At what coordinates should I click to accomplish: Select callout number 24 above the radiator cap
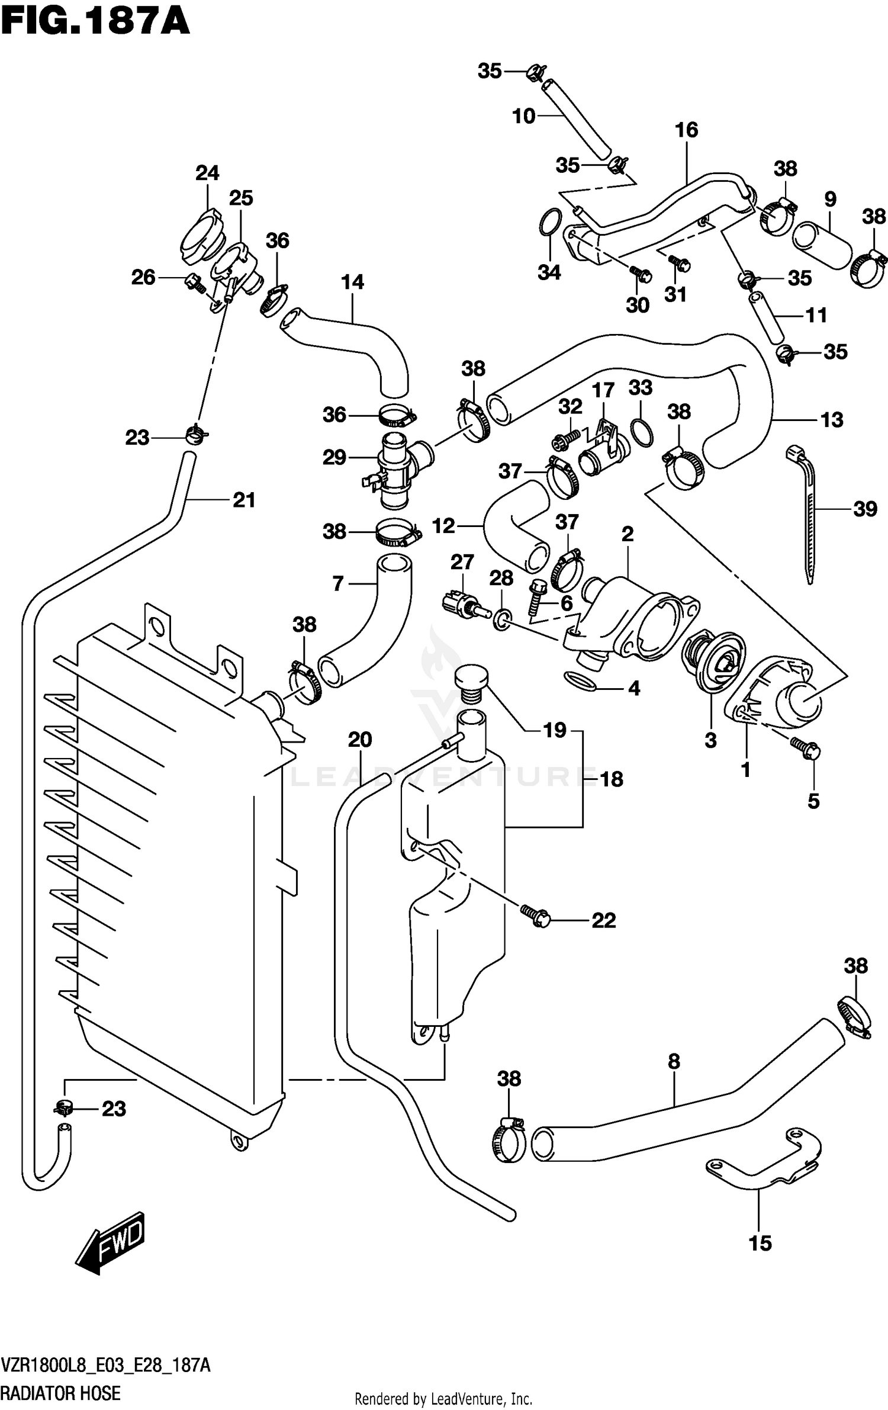(x=207, y=173)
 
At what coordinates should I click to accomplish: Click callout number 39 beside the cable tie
(x=865, y=509)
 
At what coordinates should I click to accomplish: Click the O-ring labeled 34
(x=550, y=223)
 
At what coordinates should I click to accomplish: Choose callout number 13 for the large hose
(x=832, y=420)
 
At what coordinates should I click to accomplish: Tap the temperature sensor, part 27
(x=462, y=605)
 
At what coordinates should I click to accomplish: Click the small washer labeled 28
(x=501, y=619)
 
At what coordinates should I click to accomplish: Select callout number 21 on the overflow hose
(x=244, y=500)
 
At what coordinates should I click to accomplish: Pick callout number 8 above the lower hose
(x=674, y=1062)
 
